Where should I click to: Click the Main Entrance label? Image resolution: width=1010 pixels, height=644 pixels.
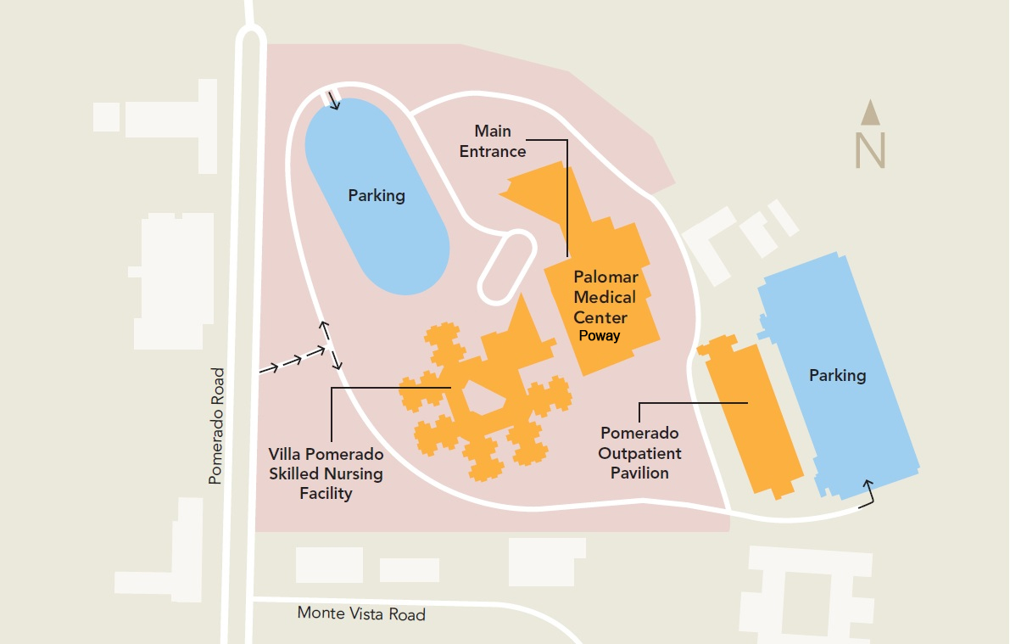pyautogui.click(x=493, y=142)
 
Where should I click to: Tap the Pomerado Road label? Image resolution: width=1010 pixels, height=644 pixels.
pyautogui.click(x=216, y=426)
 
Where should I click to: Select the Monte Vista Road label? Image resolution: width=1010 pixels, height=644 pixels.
pyautogui.click(x=361, y=613)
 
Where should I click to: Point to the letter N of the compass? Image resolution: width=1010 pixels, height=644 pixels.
pyautogui.click(x=870, y=150)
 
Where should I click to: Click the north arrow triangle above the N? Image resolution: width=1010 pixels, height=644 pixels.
pyautogui.click(x=870, y=112)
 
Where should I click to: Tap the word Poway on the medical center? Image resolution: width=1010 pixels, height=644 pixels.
pyautogui.click(x=600, y=336)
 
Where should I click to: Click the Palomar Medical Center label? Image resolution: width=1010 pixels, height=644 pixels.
pyautogui.click(x=605, y=298)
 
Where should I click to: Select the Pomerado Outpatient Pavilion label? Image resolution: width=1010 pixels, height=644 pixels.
pyautogui.click(x=639, y=454)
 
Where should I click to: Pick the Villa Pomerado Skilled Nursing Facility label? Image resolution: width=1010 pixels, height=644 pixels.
pyautogui.click(x=326, y=473)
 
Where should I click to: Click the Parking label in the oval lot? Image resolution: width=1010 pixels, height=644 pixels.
pyautogui.click(x=377, y=196)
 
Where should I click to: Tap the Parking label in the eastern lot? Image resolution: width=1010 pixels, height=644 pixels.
pyautogui.click(x=837, y=375)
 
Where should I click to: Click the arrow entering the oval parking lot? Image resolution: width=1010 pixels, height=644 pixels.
pyautogui.click(x=332, y=102)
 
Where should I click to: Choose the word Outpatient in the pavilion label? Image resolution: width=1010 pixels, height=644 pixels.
pyautogui.click(x=639, y=454)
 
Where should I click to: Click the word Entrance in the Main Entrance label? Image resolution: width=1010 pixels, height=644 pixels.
pyautogui.click(x=493, y=152)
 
